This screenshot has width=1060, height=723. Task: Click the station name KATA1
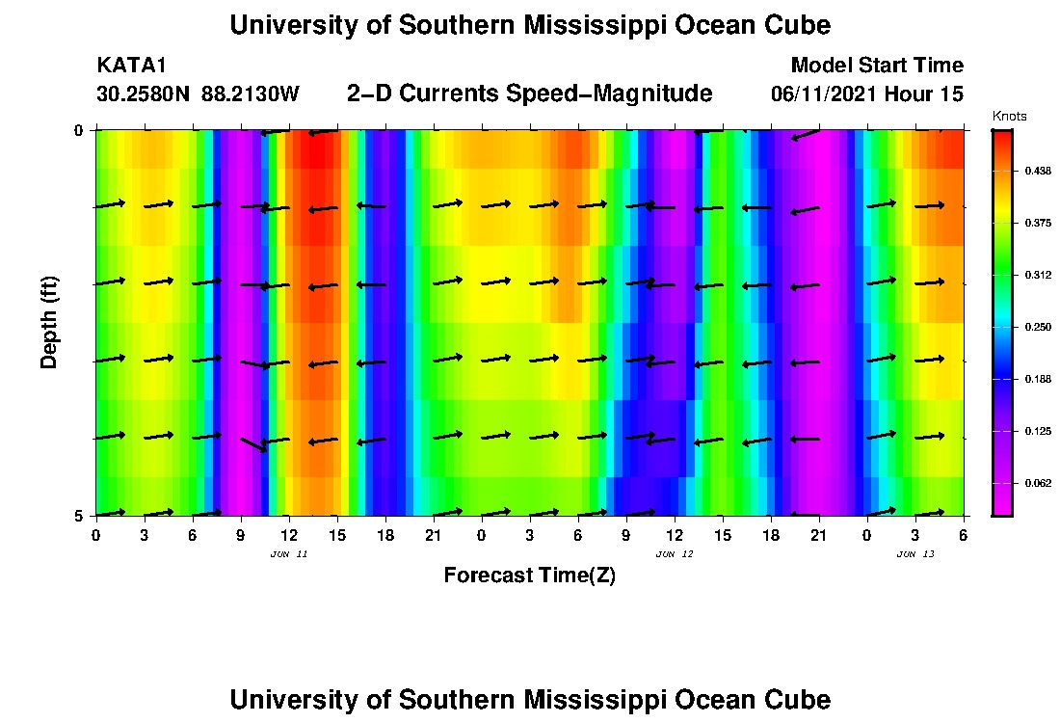click(132, 66)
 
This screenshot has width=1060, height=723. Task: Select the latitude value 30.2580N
click(145, 94)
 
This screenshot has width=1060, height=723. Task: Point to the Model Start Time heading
click(876, 66)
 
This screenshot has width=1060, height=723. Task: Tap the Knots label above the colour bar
click(1009, 117)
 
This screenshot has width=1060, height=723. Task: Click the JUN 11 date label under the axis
click(289, 554)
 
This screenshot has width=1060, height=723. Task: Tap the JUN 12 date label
click(675, 554)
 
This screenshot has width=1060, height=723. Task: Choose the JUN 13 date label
click(915, 554)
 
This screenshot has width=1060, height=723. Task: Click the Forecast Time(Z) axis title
click(529, 576)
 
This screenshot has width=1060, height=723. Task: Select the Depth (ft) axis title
click(50, 322)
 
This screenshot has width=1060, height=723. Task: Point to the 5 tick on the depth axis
click(79, 516)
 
